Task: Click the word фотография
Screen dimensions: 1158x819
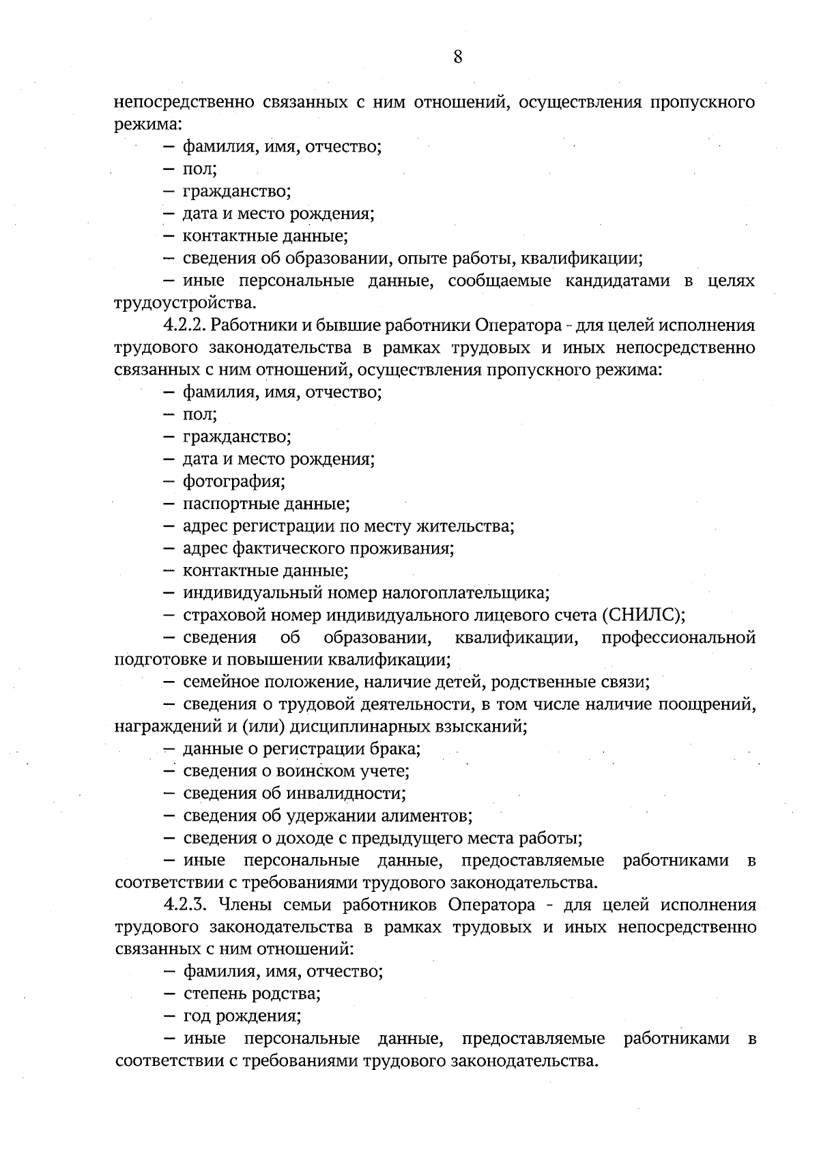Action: tap(233, 482)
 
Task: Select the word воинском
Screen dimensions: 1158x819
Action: tap(316, 771)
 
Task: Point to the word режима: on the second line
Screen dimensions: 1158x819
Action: tap(139, 126)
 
